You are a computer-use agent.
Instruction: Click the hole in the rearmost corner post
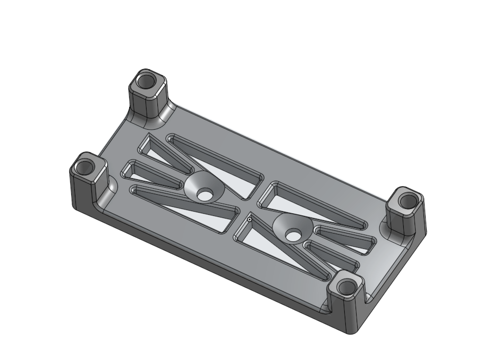[x=145, y=82]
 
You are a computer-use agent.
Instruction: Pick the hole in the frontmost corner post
[x=347, y=288]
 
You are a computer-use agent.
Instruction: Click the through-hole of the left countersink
[x=204, y=195]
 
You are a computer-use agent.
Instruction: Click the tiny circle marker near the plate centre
[x=249, y=219]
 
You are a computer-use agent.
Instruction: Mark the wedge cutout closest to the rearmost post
[x=159, y=148]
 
